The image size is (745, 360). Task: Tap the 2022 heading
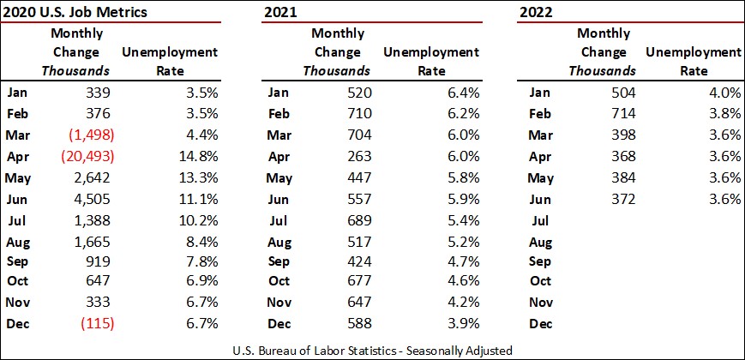536,12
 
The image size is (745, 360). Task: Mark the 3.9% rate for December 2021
460,323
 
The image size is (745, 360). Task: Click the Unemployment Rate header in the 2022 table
693,61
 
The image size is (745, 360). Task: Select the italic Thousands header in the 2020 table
77,70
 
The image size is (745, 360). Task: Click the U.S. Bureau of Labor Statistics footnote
373,349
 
